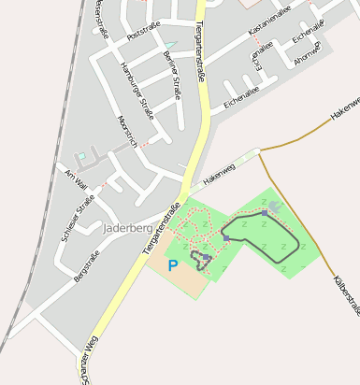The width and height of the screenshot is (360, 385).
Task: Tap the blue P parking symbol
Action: point(172,265)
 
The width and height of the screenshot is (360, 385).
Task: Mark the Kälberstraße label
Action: point(345,293)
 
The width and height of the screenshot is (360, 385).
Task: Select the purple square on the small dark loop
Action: point(206,255)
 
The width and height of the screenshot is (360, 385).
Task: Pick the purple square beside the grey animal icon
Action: point(264,213)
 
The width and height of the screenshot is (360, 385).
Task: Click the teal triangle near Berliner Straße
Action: point(170,44)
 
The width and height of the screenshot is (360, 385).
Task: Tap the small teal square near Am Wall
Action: point(80,156)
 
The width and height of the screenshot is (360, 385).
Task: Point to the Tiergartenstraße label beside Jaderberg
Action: point(161,228)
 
